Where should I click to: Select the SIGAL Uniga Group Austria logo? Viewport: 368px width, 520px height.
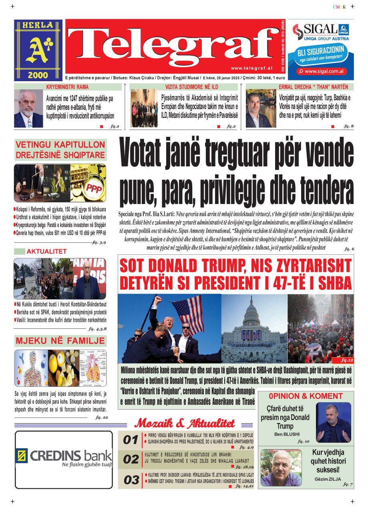(320, 32)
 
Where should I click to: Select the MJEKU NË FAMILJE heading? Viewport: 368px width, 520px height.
(60, 341)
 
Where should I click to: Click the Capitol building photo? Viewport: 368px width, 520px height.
(254, 328)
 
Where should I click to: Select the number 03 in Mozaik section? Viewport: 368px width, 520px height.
(131, 480)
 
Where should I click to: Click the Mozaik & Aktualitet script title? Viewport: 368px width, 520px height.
(185, 423)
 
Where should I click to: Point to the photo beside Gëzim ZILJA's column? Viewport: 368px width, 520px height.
(281, 468)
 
